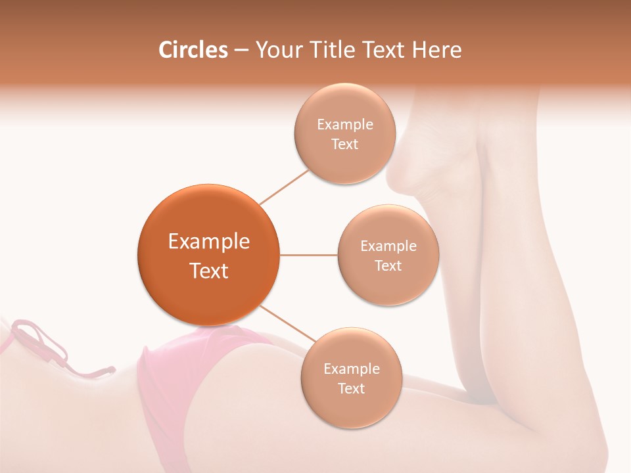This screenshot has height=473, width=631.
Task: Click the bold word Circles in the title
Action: pyautogui.click(x=193, y=50)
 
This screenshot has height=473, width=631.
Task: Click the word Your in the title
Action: pyautogui.click(x=278, y=50)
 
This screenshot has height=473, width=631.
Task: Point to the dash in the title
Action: pyautogui.click(x=241, y=51)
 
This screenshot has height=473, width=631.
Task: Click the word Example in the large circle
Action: pyautogui.click(x=209, y=242)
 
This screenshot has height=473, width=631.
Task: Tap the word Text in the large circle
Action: pyautogui.click(x=209, y=271)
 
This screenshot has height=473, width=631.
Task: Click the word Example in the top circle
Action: pyautogui.click(x=344, y=125)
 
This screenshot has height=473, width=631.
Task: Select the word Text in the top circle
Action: pyautogui.click(x=344, y=145)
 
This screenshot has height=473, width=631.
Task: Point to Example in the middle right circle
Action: pyautogui.click(x=388, y=246)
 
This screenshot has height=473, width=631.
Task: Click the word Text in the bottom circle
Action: pyautogui.click(x=351, y=389)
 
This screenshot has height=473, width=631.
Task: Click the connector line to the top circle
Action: pyautogui.click(x=284, y=187)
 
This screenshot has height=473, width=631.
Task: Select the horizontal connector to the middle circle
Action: pyautogui.click(x=309, y=254)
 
